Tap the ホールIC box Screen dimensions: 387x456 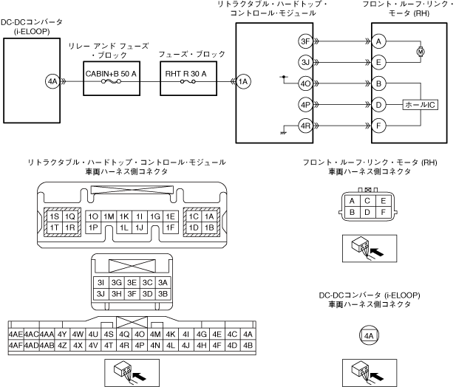tap(421, 104)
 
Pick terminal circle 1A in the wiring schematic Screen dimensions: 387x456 tap(244, 82)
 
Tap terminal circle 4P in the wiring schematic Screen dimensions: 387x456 tap(304, 104)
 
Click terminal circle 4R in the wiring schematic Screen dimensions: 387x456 tap(304, 126)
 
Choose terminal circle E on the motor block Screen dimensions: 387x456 tap(379, 62)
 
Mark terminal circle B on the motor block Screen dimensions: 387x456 tap(379, 83)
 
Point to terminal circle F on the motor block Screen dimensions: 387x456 tap(379, 126)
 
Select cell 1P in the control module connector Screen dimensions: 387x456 tap(93, 227)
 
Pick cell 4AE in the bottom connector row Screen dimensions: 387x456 tap(15, 334)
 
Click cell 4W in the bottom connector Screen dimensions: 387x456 tap(78, 334)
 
